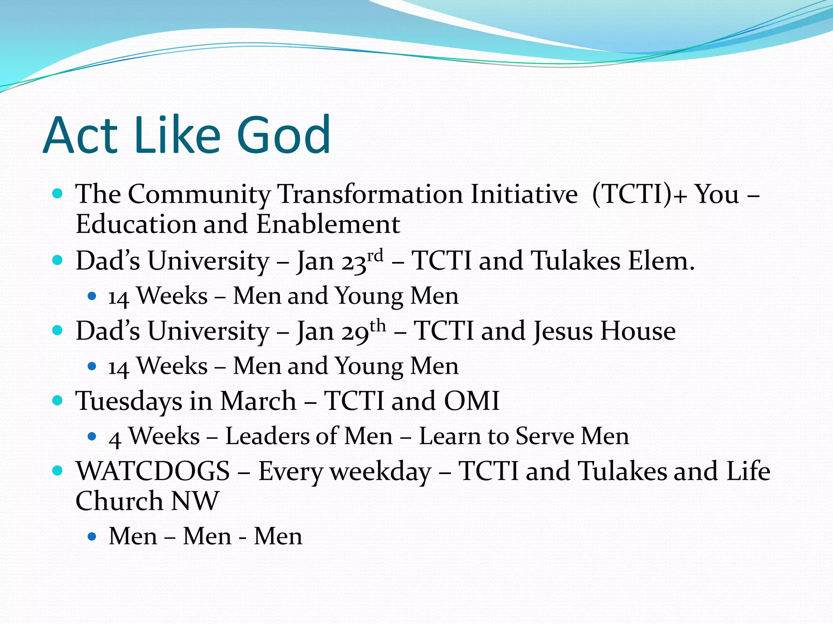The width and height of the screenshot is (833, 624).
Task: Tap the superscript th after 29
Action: pos(377,326)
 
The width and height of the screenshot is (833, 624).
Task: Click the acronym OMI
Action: pos(471,401)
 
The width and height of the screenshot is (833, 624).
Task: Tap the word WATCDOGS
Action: pos(153,471)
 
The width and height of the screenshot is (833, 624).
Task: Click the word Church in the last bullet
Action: pos(119,501)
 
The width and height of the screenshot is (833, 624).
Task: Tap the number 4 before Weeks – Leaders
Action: pos(115,439)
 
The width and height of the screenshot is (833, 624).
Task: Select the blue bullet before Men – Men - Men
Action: pos(92,537)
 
